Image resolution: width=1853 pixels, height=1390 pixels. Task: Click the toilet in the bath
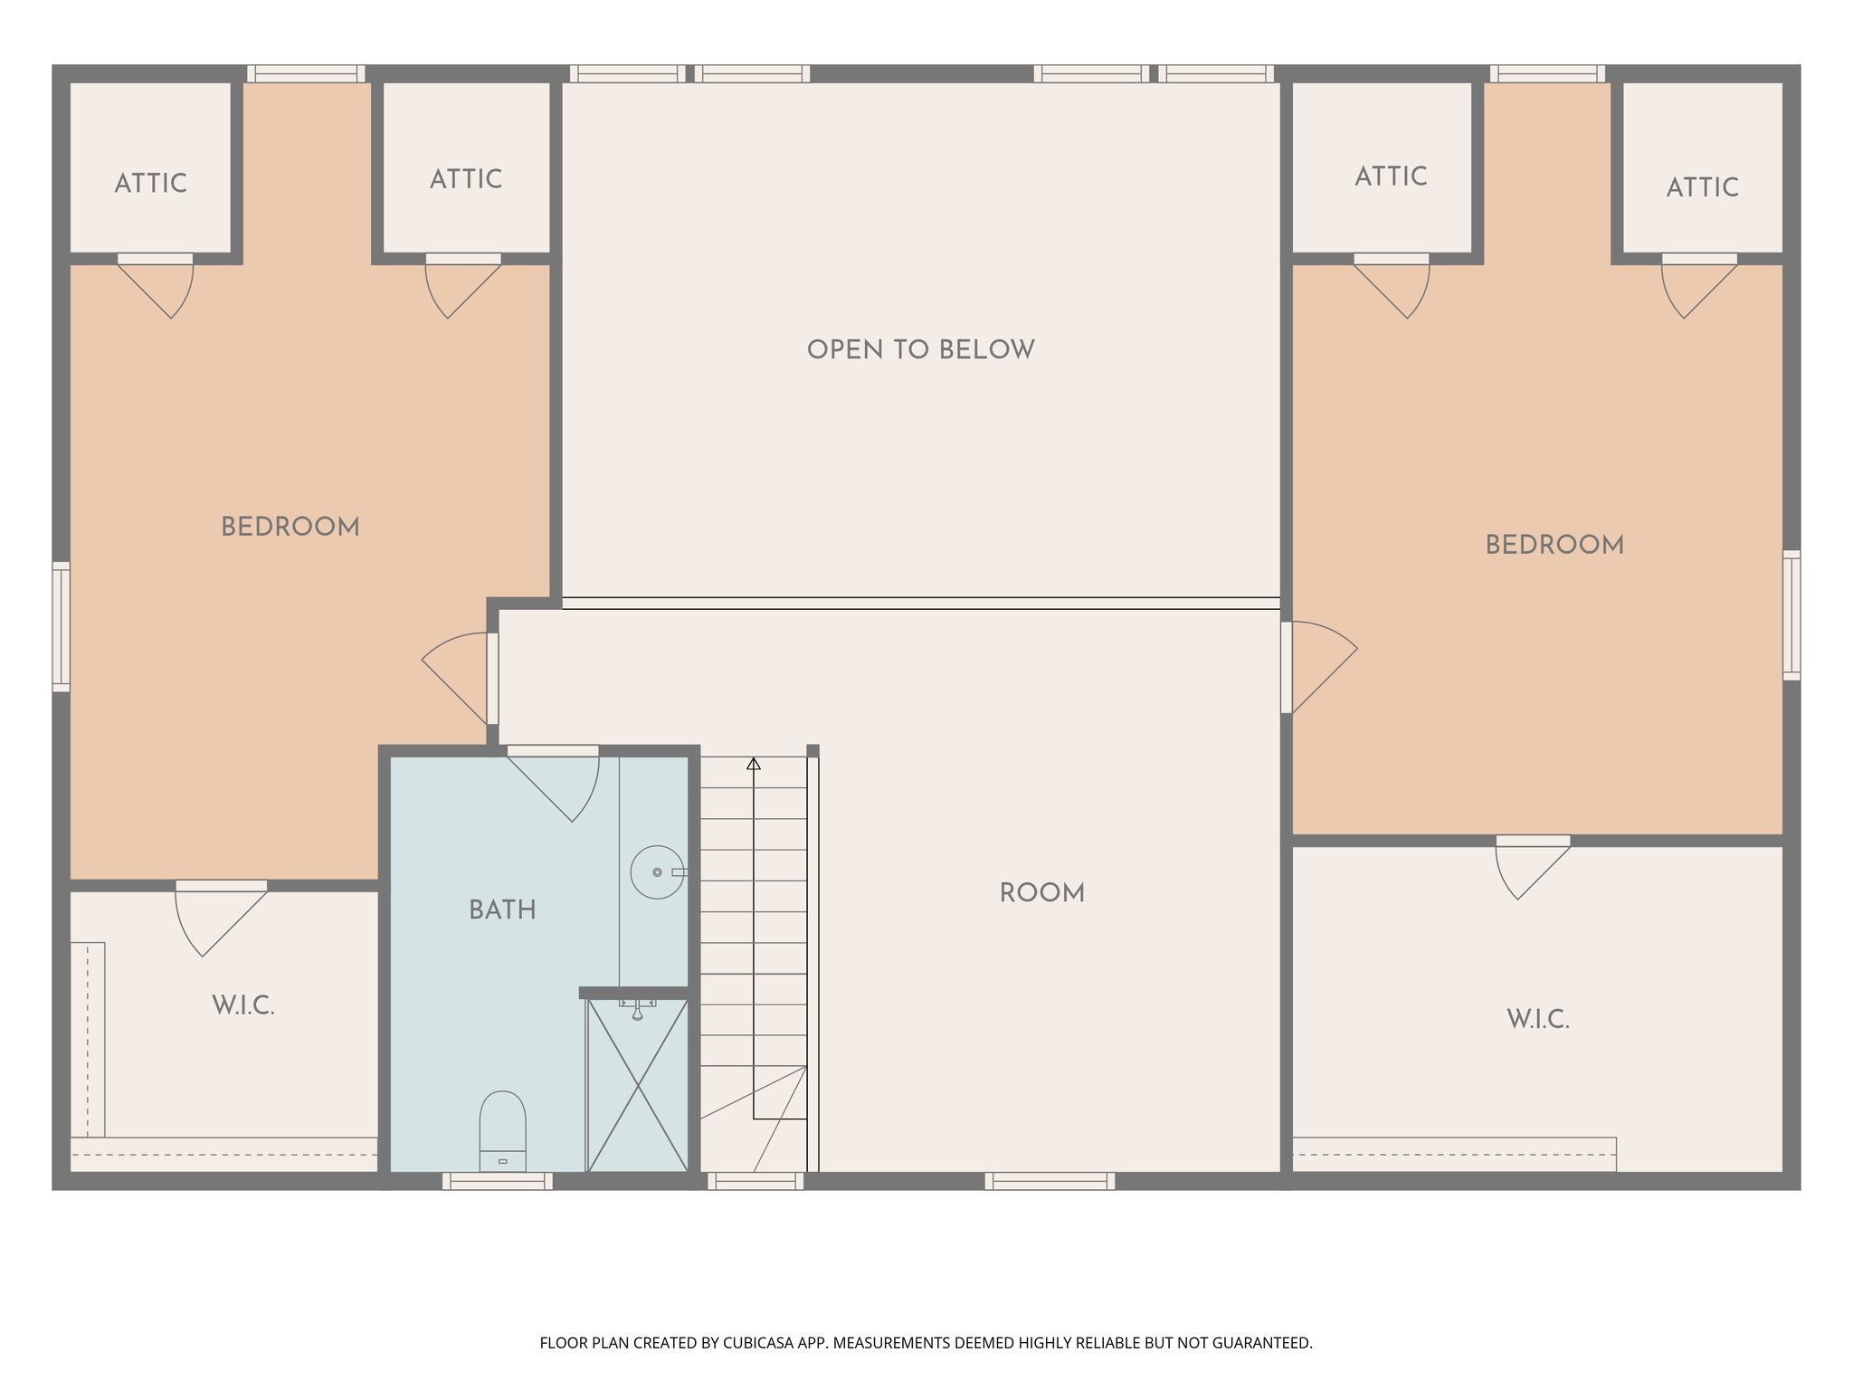(502, 1131)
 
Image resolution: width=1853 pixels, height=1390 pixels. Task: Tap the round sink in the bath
(657, 872)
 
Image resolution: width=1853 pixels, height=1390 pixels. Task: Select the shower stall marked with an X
(638, 1086)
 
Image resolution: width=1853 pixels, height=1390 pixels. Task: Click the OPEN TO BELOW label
(920, 350)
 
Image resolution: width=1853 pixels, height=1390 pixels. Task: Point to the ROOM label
(1041, 893)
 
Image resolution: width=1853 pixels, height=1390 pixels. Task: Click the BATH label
(502, 910)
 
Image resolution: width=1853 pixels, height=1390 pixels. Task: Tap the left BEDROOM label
(290, 527)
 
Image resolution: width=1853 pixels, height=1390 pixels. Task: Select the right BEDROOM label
(1554, 545)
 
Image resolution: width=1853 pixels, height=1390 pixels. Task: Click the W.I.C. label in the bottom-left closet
(243, 1005)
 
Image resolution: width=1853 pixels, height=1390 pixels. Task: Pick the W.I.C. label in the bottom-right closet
(1538, 1020)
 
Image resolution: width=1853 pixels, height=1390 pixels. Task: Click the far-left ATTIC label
(151, 184)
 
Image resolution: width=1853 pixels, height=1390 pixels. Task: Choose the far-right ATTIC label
(1702, 187)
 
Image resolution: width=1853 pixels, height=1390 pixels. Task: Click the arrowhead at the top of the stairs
(754, 765)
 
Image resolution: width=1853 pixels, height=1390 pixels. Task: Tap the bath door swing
(561, 783)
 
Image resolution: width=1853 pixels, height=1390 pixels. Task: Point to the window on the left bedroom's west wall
(61, 626)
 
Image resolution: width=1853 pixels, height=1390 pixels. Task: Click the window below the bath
(498, 1181)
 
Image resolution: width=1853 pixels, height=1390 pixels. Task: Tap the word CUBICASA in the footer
(758, 1343)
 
